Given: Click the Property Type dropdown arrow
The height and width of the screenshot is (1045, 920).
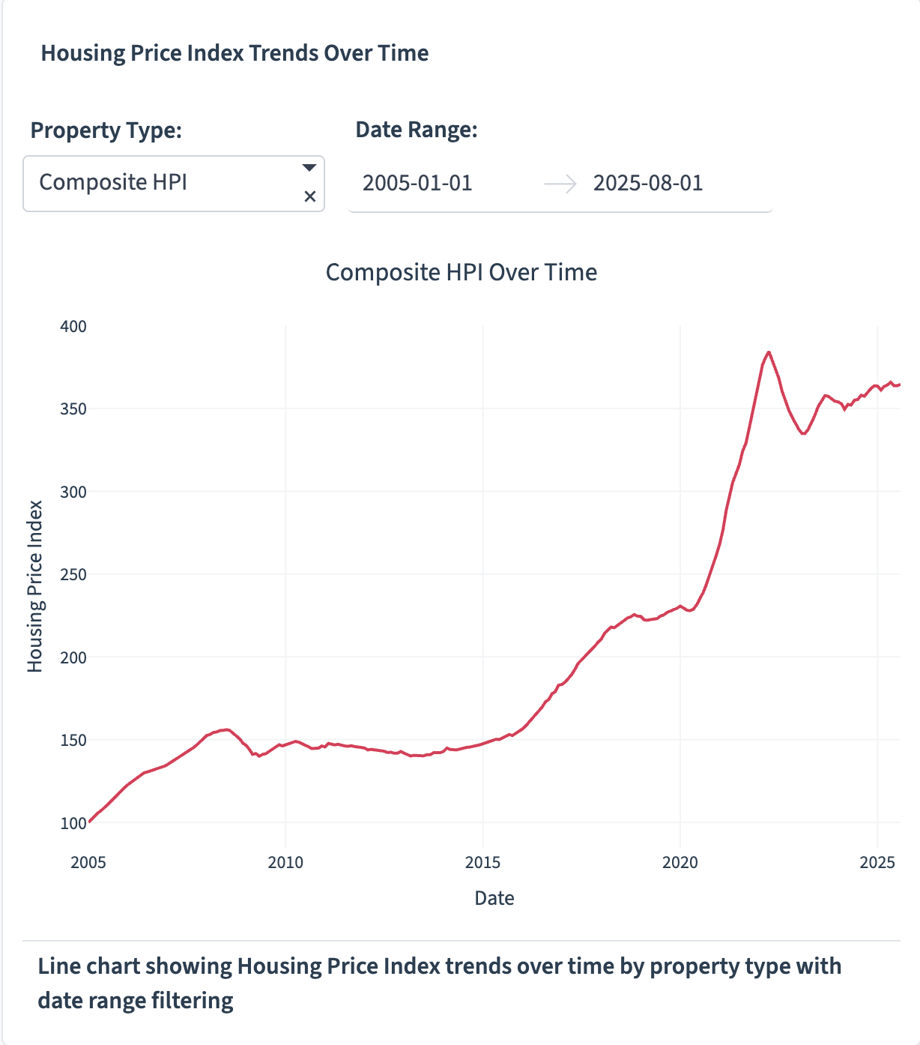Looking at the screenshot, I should [309, 168].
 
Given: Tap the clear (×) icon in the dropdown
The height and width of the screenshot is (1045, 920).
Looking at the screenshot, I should [309, 197].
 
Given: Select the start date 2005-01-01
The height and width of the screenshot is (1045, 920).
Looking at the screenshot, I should [417, 184].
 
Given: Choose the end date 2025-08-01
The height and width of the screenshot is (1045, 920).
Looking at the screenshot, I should [648, 184].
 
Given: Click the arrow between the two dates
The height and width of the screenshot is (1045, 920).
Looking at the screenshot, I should [560, 184].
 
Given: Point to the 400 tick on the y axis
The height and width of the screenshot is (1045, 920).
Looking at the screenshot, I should [73, 327].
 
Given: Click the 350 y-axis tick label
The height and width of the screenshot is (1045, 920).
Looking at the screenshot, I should [73, 409].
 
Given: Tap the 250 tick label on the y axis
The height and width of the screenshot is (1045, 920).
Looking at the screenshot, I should [73, 575].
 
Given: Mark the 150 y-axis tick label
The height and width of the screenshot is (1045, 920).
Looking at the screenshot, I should [73, 741].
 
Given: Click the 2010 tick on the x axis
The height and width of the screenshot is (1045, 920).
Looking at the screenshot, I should [285, 863].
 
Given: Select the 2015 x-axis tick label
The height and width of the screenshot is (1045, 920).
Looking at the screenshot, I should [482, 863].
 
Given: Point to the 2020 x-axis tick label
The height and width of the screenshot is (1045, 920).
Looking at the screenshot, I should [680, 863].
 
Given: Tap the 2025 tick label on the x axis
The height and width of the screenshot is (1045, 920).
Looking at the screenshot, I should [877, 863].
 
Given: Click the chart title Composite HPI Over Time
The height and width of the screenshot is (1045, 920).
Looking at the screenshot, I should [461, 272].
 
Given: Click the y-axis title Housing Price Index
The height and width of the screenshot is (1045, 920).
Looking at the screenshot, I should [35, 586].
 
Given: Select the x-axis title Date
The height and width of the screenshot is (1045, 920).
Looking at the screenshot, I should [494, 898].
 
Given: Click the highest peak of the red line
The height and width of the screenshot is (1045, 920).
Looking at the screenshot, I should [769, 352].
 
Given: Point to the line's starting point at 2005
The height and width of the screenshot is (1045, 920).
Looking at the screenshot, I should [89, 822].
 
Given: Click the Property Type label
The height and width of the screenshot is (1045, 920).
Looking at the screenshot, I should [106, 130].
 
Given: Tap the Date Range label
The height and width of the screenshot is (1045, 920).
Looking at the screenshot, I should [417, 130].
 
